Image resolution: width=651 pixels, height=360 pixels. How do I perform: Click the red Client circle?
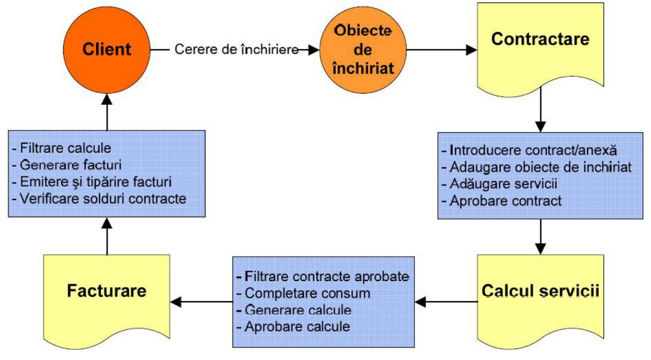point(107,50)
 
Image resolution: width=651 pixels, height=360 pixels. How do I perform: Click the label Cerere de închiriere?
point(237,50)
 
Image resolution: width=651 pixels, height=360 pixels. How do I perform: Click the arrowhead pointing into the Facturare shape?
point(175,302)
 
